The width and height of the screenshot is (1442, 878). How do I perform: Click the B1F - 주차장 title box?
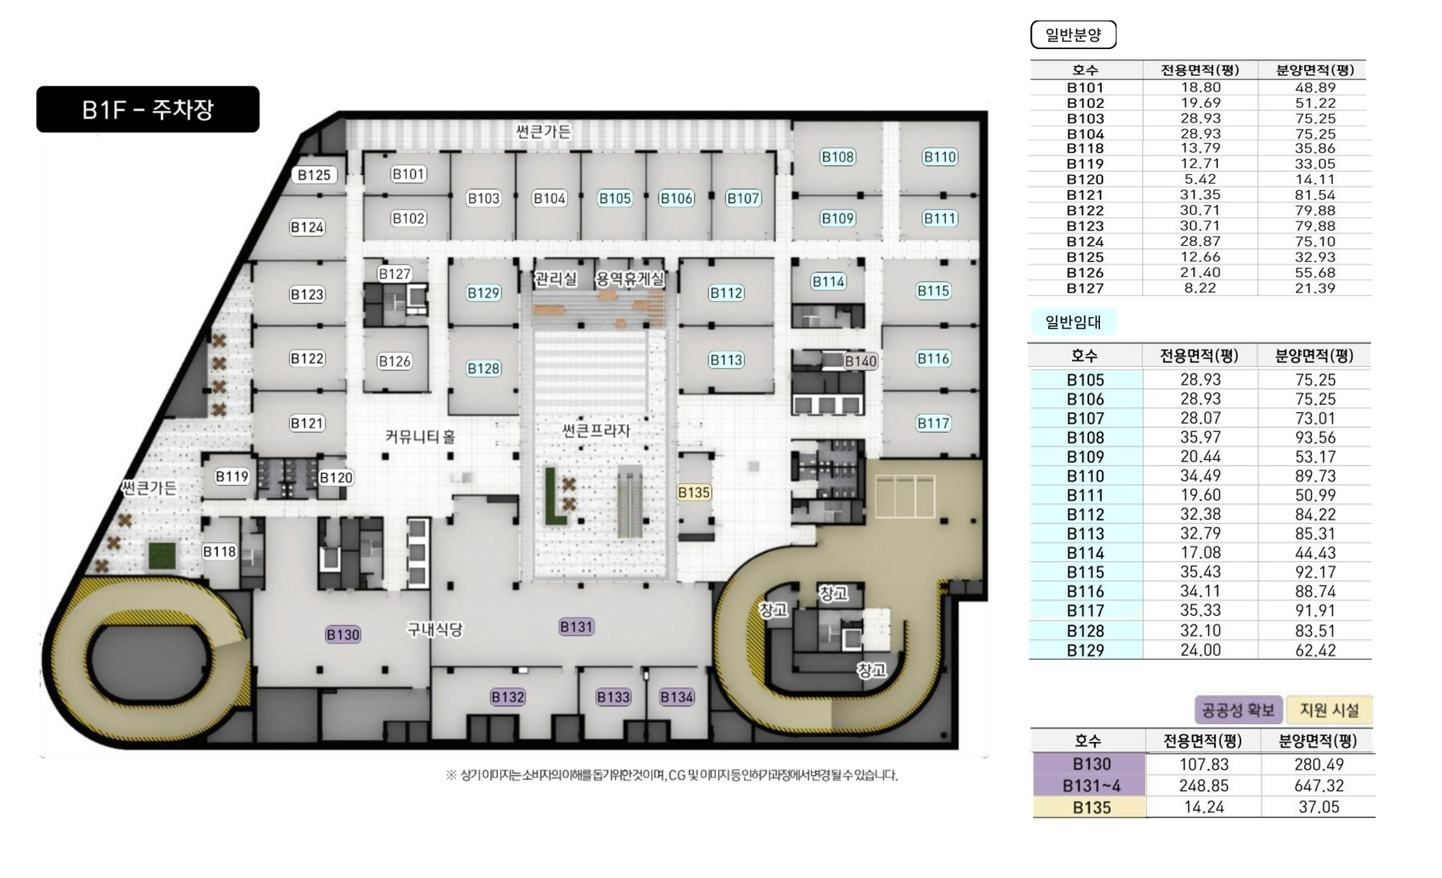148,109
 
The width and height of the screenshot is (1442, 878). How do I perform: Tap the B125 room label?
314,175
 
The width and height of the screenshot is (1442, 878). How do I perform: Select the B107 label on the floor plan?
743,198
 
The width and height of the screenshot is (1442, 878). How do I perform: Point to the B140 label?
860,361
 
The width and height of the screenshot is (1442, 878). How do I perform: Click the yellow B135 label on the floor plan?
694,493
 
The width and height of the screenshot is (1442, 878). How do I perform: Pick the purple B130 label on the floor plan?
343,634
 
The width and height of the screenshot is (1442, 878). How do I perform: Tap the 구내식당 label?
435,630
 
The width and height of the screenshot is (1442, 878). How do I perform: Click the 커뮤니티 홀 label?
420,436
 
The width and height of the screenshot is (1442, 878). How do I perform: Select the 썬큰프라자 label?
596,431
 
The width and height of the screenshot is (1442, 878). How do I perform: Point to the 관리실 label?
556,279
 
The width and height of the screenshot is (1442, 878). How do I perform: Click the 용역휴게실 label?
630,279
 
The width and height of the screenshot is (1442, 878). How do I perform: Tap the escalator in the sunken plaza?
629,502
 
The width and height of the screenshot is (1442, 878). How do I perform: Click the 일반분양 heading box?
1073,34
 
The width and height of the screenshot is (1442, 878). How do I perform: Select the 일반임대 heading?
1073,322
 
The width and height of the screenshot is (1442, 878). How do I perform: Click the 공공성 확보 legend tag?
1238,710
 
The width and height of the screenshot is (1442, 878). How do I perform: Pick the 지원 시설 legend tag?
1329,710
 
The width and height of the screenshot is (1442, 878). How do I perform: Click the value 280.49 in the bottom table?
1319,764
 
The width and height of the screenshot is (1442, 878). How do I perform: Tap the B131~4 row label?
1092,785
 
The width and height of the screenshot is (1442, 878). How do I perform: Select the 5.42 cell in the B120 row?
1200,179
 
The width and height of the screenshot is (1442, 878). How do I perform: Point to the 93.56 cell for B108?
1315,438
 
